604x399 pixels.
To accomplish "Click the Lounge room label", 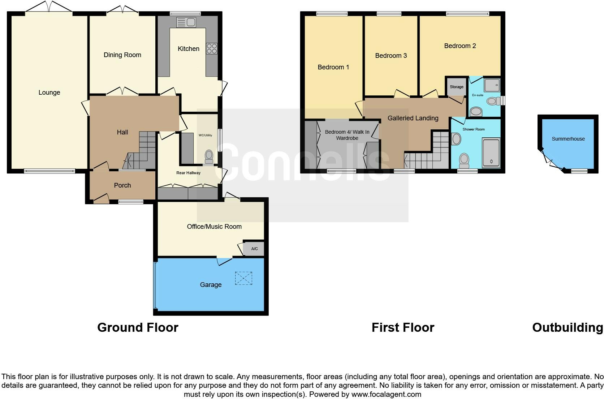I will point(49,93).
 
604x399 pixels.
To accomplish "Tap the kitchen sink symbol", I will point(186,22).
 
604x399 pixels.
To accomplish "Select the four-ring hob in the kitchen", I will point(212,48).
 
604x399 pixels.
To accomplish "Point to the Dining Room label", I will point(122,55).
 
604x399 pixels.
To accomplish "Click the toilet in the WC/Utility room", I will point(209,156).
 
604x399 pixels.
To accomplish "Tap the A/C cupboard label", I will point(254,249).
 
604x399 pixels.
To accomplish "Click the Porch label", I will point(122,185).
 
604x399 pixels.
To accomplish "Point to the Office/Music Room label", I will point(214,227).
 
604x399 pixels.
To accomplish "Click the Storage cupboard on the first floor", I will point(456,87).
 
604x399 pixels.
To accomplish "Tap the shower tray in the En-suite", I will point(492,85).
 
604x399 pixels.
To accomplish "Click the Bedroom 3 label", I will point(391,56).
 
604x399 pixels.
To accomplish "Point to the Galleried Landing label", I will point(413,118).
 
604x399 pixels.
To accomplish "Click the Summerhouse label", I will point(568,139).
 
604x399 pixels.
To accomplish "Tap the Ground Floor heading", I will point(138,327).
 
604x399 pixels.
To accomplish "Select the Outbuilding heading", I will point(567,327).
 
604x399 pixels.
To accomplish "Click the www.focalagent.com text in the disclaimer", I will point(386,394).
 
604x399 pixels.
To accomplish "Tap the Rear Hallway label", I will point(188,173).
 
